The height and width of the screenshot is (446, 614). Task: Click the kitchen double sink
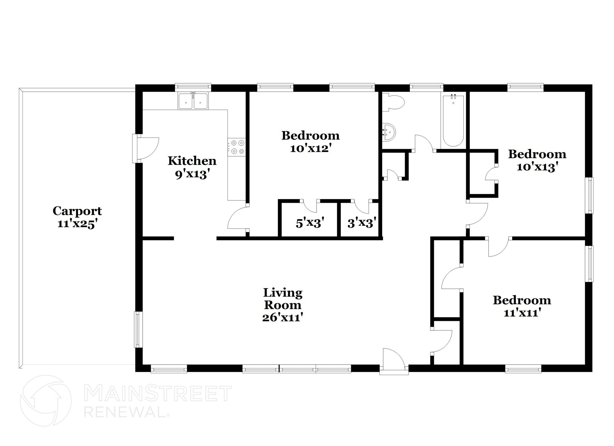pos(193,101)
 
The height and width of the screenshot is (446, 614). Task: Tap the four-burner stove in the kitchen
pos(236,147)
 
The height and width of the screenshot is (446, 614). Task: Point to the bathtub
pos(453,120)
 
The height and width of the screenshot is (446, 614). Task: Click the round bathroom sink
pos(389,132)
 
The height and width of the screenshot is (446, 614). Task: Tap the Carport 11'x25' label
pos(77,217)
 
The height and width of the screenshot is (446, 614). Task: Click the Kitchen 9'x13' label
pos(192,167)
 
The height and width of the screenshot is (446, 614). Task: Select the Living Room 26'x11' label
pos(282,305)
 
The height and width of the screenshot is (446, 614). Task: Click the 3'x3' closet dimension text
pos(362,223)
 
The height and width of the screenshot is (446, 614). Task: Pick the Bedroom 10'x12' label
pos(310,142)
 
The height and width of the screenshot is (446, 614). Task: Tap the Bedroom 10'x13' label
pos(537,160)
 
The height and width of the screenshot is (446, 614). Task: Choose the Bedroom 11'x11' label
pos(522,306)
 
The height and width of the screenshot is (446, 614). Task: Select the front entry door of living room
pos(394,361)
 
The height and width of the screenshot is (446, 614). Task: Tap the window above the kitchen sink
pos(193,87)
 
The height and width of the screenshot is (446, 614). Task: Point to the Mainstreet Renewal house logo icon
pos(46,401)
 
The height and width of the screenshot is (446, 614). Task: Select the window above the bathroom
pos(426,87)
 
